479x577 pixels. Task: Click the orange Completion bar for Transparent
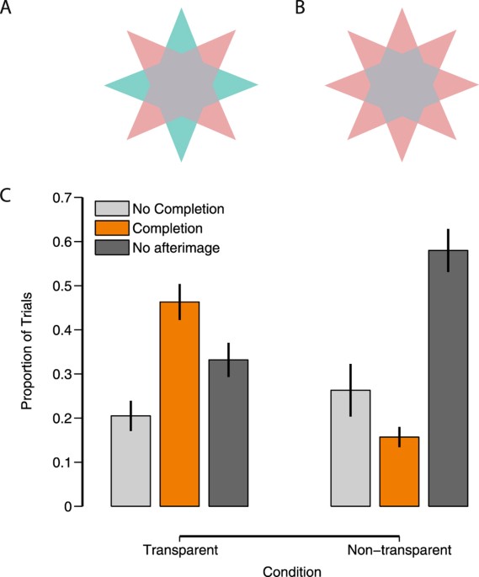click(179, 403)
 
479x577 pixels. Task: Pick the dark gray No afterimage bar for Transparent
click(228, 433)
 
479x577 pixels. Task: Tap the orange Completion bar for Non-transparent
click(399, 472)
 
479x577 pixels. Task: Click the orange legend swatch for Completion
click(111, 227)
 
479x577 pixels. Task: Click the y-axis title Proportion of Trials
click(27, 352)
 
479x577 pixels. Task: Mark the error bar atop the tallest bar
click(448, 250)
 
